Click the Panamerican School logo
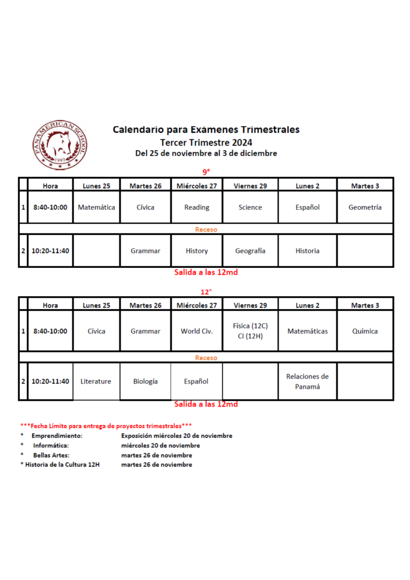(59, 144)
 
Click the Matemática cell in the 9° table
(96, 207)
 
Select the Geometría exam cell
(365, 207)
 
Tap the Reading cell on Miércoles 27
(197, 207)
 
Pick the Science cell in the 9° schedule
(250, 207)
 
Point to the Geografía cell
(250, 251)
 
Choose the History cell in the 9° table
(197, 251)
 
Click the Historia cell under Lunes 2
(307, 251)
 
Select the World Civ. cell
(197, 331)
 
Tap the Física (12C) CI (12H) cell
(250, 331)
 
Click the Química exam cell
(365, 331)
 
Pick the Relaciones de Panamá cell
(307, 382)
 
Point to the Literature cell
(96, 382)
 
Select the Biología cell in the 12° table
(146, 382)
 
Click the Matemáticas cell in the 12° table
(307, 331)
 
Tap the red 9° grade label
(206, 172)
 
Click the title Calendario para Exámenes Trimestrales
(206, 130)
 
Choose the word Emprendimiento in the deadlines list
(57, 436)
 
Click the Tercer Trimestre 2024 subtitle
(206, 142)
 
